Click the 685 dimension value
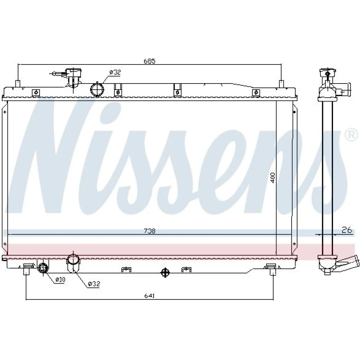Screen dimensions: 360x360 coord(149,61)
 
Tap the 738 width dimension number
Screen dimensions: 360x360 coord(149,231)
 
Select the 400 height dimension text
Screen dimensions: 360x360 coord(273,178)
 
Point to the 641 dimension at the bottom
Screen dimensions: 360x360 coord(149,296)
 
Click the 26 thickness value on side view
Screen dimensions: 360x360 coord(347,230)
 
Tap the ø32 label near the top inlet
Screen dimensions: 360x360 coord(115,72)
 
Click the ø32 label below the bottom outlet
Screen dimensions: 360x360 coord(94,284)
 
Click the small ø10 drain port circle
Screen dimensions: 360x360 coord(43,268)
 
